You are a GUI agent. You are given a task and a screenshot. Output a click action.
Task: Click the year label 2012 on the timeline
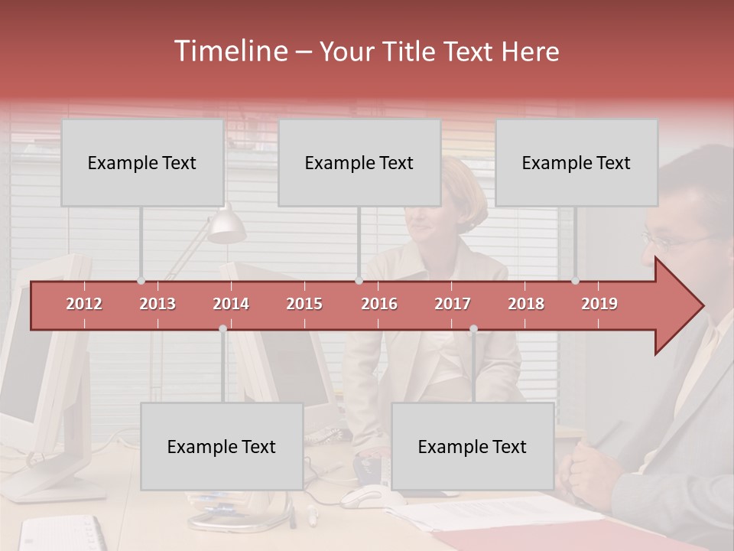pyautogui.click(x=84, y=304)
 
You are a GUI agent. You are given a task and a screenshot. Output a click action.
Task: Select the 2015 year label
pyautogui.click(x=304, y=304)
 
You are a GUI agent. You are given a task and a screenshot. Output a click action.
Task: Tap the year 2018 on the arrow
pyautogui.click(x=526, y=304)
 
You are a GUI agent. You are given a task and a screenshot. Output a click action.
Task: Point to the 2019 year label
pyautogui.click(x=599, y=304)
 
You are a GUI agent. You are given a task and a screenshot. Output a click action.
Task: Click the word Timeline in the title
pyautogui.click(x=229, y=51)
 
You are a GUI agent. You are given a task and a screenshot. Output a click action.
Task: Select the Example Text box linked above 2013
pyautogui.click(x=142, y=162)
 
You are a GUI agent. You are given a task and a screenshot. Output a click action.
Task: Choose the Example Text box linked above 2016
pyautogui.click(x=359, y=162)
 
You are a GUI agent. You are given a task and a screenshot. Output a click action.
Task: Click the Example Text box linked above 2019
pyautogui.click(x=576, y=162)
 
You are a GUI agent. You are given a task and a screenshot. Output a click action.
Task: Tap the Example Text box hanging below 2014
pyautogui.click(x=222, y=446)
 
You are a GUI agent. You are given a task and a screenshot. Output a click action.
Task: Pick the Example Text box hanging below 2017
pyautogui.click(x=473, y=446)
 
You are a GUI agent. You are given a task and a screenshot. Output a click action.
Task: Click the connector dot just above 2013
pyautogui.click(x=141, y=281)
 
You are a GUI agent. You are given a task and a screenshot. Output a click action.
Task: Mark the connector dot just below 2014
pyautogui.click(x=222, y=329)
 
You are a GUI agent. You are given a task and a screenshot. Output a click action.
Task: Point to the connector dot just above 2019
pyautogui.click(x=576, y=281)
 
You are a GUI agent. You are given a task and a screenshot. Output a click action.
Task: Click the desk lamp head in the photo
pyautogui.click(x=226, y=226)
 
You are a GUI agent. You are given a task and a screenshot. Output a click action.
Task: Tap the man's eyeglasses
pyautogui.click(x=673, y=240)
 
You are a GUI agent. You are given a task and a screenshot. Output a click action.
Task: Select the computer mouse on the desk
pyautogui.click(x=362, y=497)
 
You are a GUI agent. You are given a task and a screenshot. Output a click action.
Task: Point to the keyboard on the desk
pyautogui.click(x=61, y=533)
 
